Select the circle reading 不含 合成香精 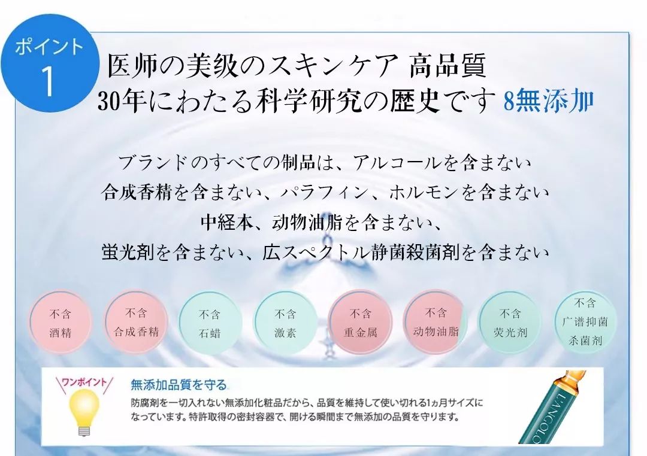(136, 323)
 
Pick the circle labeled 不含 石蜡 (210, 324)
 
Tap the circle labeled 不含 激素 (285, 323)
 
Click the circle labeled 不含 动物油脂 (436, 322)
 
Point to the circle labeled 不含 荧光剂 (510, 323)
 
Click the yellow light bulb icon (83, 410)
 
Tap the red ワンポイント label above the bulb (84, 381)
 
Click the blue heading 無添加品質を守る (179, 384)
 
